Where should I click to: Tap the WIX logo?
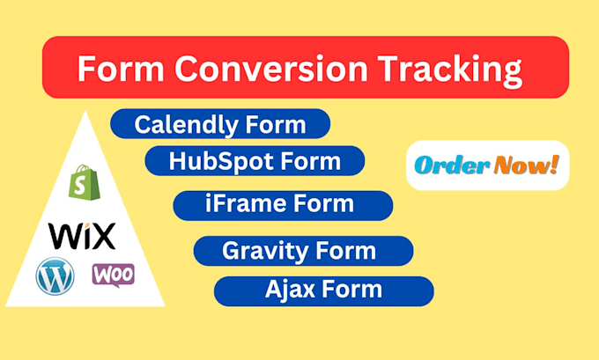point(81,235)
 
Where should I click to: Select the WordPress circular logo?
point(55,276)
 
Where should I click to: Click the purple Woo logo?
point(114,275)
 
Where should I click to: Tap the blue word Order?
point(453,165)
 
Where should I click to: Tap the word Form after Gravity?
point(346,251)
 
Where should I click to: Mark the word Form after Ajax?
point(353,289)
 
